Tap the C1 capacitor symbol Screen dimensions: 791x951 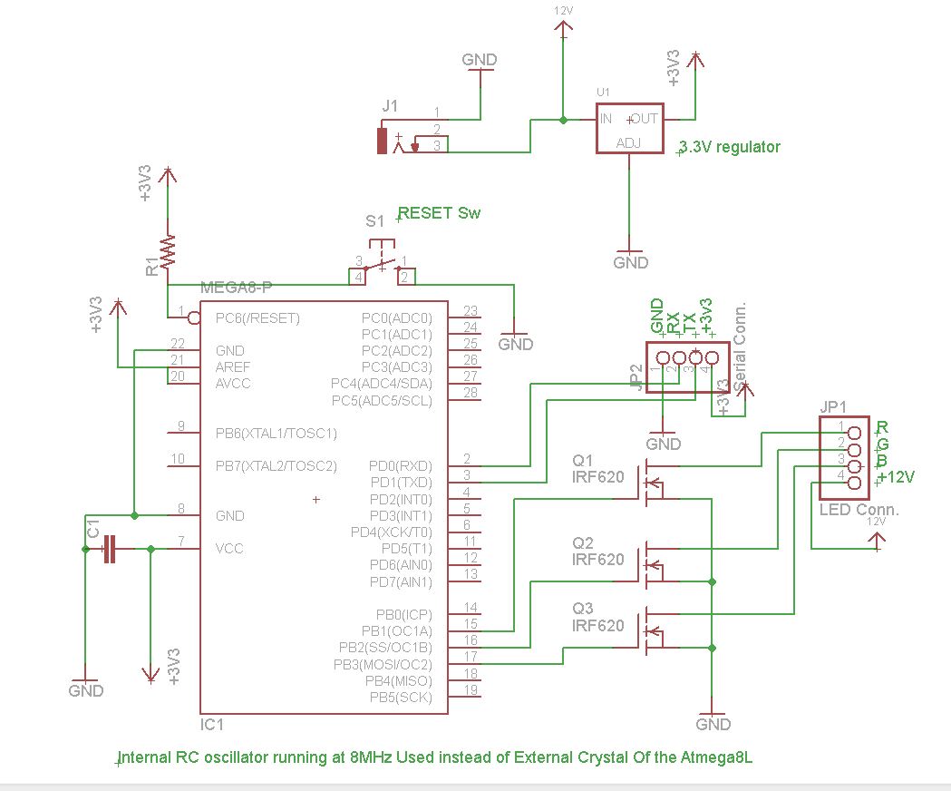[x=110, y=548]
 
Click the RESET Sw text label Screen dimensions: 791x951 [x=440, y=213]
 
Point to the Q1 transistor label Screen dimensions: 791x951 [x=583, y=459]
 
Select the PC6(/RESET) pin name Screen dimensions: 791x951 [x=257, y=318]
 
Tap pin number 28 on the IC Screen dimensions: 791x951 [x=470, y=393]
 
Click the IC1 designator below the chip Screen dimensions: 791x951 [x=212, y=726]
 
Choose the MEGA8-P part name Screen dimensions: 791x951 [x=238, y=288]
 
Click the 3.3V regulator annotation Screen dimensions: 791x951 [x=730, y=146]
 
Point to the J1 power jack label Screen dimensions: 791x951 [x=390, y=106]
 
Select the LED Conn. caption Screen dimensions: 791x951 [x=859, y=510]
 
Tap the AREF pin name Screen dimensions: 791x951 [x=233, y=367]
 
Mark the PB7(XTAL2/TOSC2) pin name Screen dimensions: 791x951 [x=276, y=465]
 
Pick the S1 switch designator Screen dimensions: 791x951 [x=374, y=220]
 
